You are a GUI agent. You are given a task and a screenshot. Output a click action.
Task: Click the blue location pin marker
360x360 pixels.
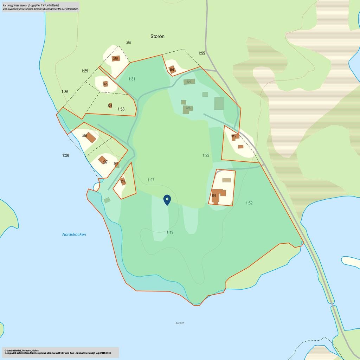[x=167, y=200]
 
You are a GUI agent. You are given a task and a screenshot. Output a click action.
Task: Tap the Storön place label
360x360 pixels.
[x=157, y=37]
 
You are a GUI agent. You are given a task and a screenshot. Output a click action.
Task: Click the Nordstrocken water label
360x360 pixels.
[x=74, y=234]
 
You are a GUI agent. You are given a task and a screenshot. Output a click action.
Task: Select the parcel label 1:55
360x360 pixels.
[x=201, y=53]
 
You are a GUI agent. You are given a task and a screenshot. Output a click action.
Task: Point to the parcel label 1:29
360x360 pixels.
[x=85, y=71]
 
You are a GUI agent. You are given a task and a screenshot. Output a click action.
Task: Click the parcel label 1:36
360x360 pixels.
[x=65, y=92]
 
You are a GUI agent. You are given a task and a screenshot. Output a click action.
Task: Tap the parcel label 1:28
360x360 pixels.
[x=66, y=155]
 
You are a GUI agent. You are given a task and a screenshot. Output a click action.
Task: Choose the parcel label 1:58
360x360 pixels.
[x=121, y=109]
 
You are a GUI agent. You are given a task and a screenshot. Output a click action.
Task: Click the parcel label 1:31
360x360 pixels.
[x=131, y=79]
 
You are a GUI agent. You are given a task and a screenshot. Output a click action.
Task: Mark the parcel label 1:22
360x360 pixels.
[x=206, y=155]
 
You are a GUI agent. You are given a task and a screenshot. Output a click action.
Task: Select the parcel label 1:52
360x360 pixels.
[x=249, y=203]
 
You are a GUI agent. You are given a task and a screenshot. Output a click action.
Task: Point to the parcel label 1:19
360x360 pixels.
[x=170, y=232]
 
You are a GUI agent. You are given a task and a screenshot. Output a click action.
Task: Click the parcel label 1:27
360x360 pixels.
[x=151, y=180]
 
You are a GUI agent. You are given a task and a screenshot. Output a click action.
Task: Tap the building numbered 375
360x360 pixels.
[x=116, y=59]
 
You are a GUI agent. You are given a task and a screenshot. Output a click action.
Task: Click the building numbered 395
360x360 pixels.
[x=172, y=69]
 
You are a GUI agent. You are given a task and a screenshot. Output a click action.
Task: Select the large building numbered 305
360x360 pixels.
[x=219, y=195]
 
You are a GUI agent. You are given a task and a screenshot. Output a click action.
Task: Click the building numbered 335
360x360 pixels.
[x=123, y=181]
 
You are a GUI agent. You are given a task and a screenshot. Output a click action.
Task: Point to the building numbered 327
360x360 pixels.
[x=189, y=82]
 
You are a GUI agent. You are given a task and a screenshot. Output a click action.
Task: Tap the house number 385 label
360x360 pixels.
[x=128, y=43]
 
